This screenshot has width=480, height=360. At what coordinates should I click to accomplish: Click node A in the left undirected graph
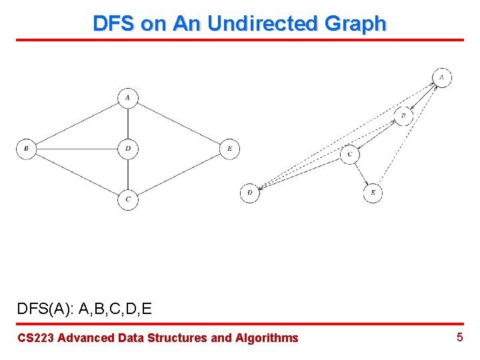tap(127, 98)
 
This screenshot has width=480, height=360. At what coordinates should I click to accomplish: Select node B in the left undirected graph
tap(26, 148)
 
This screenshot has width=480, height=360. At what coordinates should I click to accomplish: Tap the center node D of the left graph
tap(127, 148)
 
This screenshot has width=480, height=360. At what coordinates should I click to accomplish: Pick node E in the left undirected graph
tap(229, 148)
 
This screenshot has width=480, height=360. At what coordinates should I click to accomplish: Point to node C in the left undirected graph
tap(127, 199)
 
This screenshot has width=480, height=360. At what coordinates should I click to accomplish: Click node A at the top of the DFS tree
tap(442, 77)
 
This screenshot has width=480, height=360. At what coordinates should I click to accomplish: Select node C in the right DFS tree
tap(350, 155)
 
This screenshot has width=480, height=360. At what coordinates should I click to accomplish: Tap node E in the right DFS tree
tap(373, 193)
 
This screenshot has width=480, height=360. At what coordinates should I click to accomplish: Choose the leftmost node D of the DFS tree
tap(250, 193)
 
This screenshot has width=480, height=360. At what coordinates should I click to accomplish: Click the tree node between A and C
tap(403, 115)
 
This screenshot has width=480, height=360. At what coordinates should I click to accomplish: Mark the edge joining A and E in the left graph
tap(179, 123)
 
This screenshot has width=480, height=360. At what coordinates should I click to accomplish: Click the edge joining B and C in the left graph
tap(77, 173)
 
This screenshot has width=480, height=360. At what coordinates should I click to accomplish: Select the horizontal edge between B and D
tap(77, 148)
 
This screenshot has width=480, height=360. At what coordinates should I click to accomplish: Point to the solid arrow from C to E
tap(361, 174)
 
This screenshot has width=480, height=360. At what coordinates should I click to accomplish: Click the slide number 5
tap(459, 337)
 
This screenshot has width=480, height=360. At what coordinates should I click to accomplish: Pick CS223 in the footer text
tap(35, 338)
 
